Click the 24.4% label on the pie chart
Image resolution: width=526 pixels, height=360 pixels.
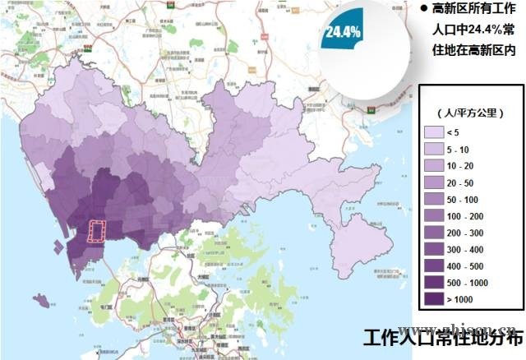tap(342, 33)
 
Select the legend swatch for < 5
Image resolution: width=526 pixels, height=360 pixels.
tap(435, 132)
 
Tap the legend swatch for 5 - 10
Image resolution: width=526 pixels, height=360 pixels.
tap(435, 150)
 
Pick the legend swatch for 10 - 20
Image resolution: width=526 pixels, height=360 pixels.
tap(435, 167)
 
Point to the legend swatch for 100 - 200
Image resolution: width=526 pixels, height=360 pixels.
tap(435, 216)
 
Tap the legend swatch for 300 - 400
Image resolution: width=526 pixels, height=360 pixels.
tap(435, 250)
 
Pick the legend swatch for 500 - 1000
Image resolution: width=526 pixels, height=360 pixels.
tap(435, 284)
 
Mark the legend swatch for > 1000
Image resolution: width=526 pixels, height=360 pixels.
tap(435, 300)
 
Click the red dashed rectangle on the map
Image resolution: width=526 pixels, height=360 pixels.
tap(97, 232)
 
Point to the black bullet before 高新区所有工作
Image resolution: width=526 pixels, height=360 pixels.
tap(424, 10)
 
